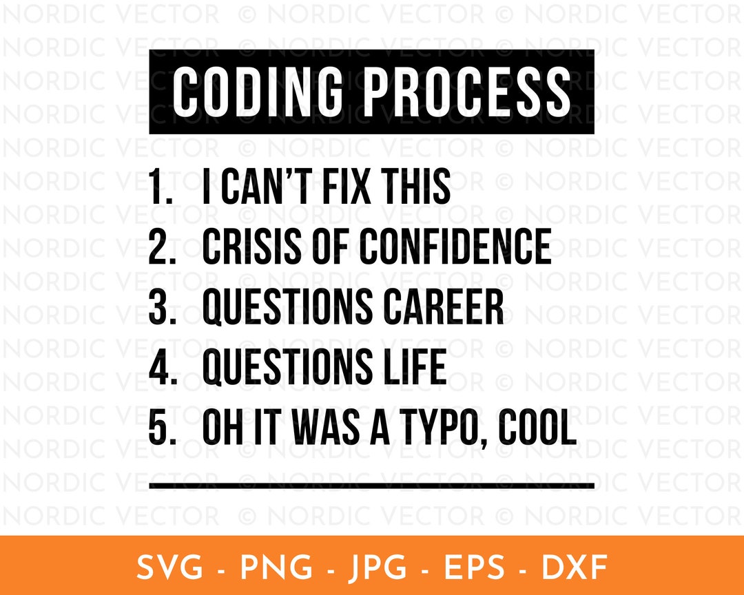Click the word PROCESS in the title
click(467, 92)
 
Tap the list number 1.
click(159, 187)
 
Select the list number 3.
click(159, 308)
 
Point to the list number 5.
click(159, 428)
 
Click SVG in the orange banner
click(169, 568)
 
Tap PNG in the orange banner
click(273, 568)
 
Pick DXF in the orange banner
click(575, 568)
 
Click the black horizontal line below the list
click(371, 486)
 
